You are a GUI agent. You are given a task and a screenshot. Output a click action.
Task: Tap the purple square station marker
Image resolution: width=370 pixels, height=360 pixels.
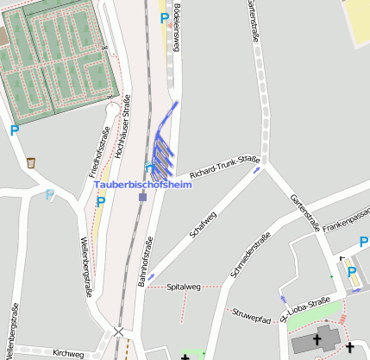(143, 196)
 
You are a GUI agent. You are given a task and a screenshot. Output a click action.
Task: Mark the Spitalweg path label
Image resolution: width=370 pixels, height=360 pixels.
(183, 287)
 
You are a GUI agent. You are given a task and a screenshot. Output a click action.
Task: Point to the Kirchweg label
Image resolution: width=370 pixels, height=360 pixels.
(68, 353)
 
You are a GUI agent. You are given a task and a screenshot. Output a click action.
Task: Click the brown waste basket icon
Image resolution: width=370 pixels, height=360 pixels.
(31, 162)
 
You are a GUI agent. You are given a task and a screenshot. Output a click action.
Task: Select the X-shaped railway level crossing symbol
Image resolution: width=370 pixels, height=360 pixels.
(118, 332)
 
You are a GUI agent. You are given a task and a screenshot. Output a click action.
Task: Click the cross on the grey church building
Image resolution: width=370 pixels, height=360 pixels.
(317, 339)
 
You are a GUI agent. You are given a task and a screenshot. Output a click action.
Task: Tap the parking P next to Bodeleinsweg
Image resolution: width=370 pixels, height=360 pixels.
(164, 17)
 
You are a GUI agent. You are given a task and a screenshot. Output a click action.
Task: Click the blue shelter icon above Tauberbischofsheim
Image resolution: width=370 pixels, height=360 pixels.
(150, 167)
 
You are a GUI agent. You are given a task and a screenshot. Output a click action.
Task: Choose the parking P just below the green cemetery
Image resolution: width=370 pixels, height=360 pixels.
(14, 131)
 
